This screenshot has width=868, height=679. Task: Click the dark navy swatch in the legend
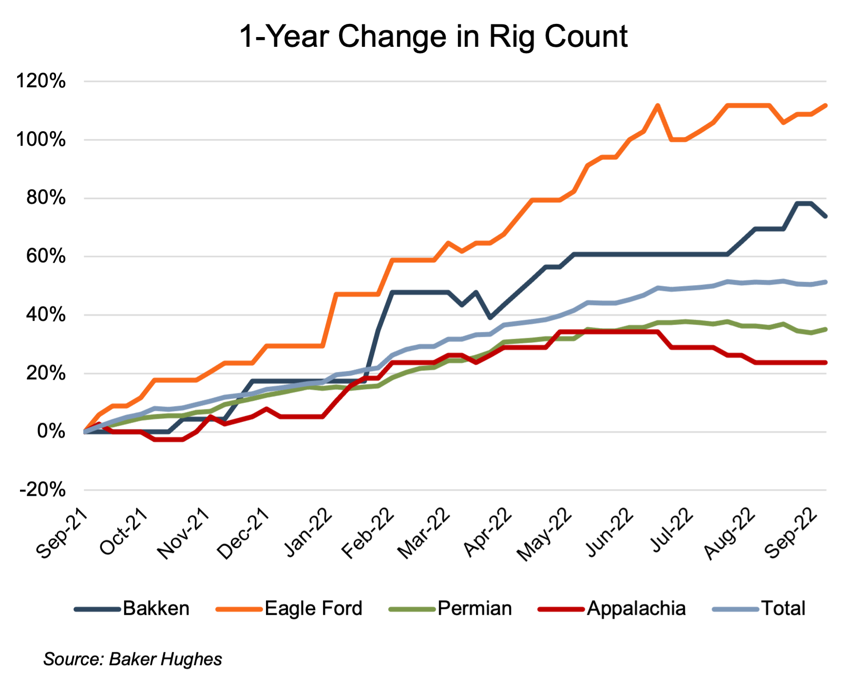point(97,609)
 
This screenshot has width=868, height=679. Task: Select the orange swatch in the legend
point(239,609)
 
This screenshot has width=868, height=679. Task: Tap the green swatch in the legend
point(412,609)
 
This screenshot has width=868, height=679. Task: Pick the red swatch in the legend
point(561,609)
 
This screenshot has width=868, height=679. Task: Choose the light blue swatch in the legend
point(736,609)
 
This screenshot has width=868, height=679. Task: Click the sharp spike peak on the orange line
point(658,105)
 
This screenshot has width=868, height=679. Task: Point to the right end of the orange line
point(826,105)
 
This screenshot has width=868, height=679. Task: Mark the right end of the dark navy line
point(826,217)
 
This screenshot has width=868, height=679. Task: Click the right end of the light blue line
point(826,282)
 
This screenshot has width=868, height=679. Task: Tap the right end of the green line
point(826,330)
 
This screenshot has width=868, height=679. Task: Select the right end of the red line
point(826,363)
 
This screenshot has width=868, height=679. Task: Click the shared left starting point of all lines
point(85,431)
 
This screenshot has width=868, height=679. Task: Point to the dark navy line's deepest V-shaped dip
point(490,318)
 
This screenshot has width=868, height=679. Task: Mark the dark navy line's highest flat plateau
point(804,203)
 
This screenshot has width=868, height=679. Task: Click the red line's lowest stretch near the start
point(169,440)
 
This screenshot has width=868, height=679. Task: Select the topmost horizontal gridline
point(455,81)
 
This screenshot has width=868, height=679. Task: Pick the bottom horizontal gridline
point(455,490)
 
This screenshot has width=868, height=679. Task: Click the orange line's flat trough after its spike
point(678,140)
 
